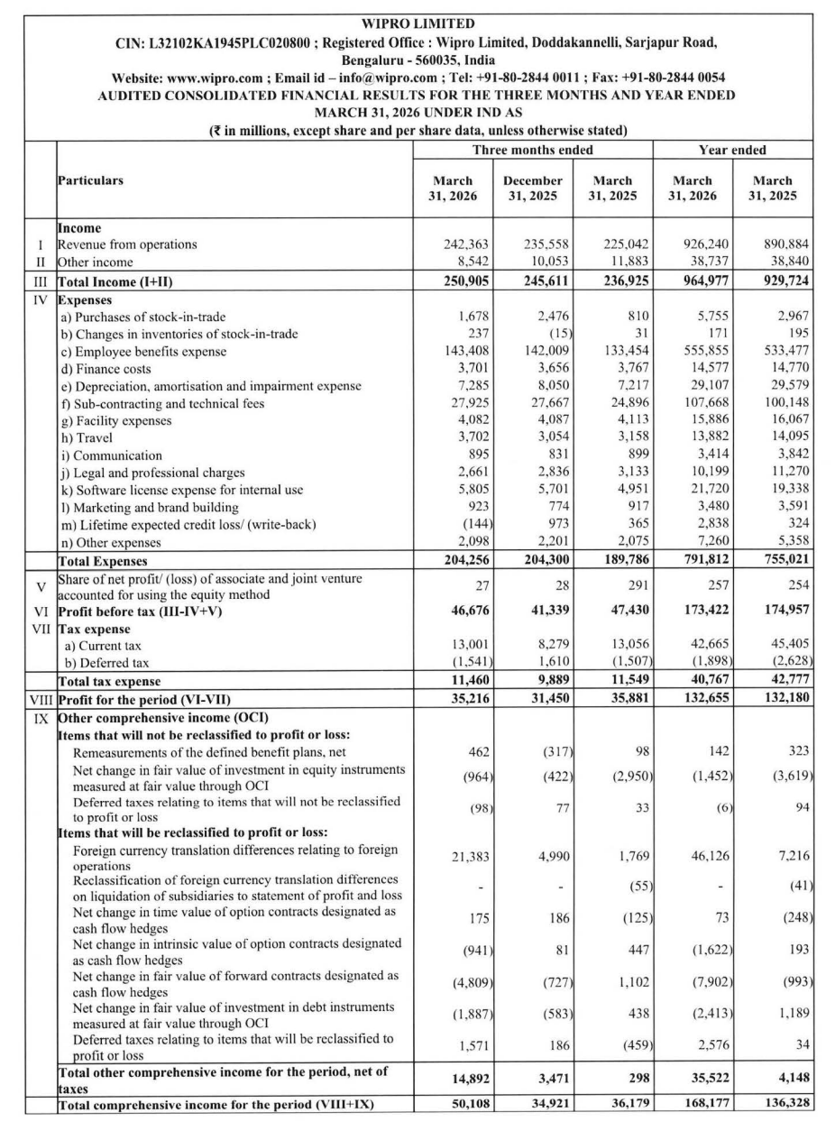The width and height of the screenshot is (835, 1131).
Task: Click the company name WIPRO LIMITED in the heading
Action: coord(417,23)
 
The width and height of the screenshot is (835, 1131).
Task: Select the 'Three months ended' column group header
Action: coord(533,150)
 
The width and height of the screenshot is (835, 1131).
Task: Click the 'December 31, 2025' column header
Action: coord(533,188)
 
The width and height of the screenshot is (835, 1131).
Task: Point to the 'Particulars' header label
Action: coord(91,180)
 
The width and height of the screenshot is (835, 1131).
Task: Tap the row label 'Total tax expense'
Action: coord(109,682)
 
